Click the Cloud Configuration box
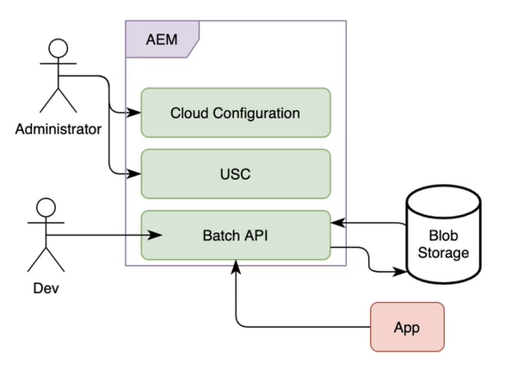click(x=235, y=113)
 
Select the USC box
click(x=235, y=174)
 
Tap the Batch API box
click(x=235, y=235)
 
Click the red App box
click(x=407, y=329)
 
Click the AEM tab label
click(x=162, y=40)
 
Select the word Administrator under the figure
click(x=59, y=130)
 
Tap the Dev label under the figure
click(x=49, y=290)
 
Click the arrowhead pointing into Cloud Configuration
click(x=135, y=113)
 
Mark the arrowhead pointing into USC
click(x=135, y=174)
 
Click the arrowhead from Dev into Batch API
click(x=158, y=234)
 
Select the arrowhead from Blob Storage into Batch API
click(x=337, y=223)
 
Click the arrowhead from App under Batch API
click(x=235, y=268)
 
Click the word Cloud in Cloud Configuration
click(x=188, y=113)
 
